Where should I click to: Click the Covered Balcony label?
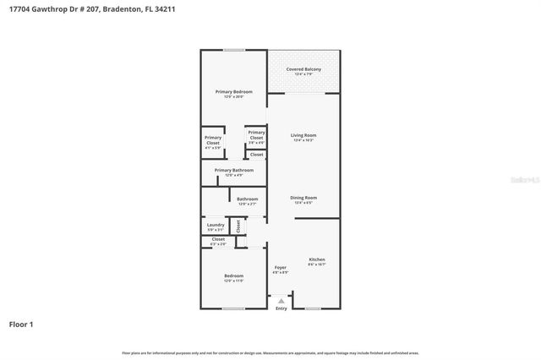[x=303, y=69]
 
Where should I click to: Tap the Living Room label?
[x=303, y=135]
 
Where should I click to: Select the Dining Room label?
[x=303, y=198]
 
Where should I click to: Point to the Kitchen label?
[x=316, y=259]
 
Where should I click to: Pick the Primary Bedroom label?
[x=233, y=91]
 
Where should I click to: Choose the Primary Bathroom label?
[x=233, y=170]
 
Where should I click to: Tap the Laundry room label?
[x=216, y=225]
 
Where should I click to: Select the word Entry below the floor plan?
[x=281, y=308]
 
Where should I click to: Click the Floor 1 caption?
[x=21, y=324]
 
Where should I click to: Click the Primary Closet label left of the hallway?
[x=213, y=140]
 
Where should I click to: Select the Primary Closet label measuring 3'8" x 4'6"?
[x=256, y=134]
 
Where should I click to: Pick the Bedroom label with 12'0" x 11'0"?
[x=233, y=276]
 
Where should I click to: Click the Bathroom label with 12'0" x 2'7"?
[x=247, y=199]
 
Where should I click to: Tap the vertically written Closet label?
[x=238, y=226]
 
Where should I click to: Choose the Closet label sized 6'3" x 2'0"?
[x=217, y=239]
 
